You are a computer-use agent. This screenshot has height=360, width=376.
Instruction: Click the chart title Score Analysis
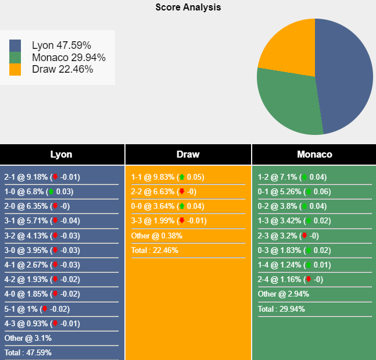[188, 8]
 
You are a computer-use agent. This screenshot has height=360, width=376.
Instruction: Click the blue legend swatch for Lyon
[15, 45]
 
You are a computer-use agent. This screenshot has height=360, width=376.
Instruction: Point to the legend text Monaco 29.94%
[69, 58]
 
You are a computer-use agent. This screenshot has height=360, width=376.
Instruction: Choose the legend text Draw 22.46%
[62, 70]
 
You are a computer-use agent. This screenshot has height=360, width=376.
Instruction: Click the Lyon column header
[62, 155]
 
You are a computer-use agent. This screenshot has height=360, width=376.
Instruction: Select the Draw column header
[188, 155]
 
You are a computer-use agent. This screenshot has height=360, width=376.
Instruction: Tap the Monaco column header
[314, 155]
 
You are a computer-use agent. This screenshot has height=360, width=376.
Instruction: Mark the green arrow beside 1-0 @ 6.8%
[51, 191]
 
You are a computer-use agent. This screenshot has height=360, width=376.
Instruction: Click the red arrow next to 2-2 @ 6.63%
[182, 191]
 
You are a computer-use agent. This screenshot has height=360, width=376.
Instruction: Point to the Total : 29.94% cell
[281, 309]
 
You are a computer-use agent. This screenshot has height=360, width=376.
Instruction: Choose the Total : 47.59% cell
[28, 352]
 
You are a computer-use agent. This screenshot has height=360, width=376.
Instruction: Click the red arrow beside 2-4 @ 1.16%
[309, 280]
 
